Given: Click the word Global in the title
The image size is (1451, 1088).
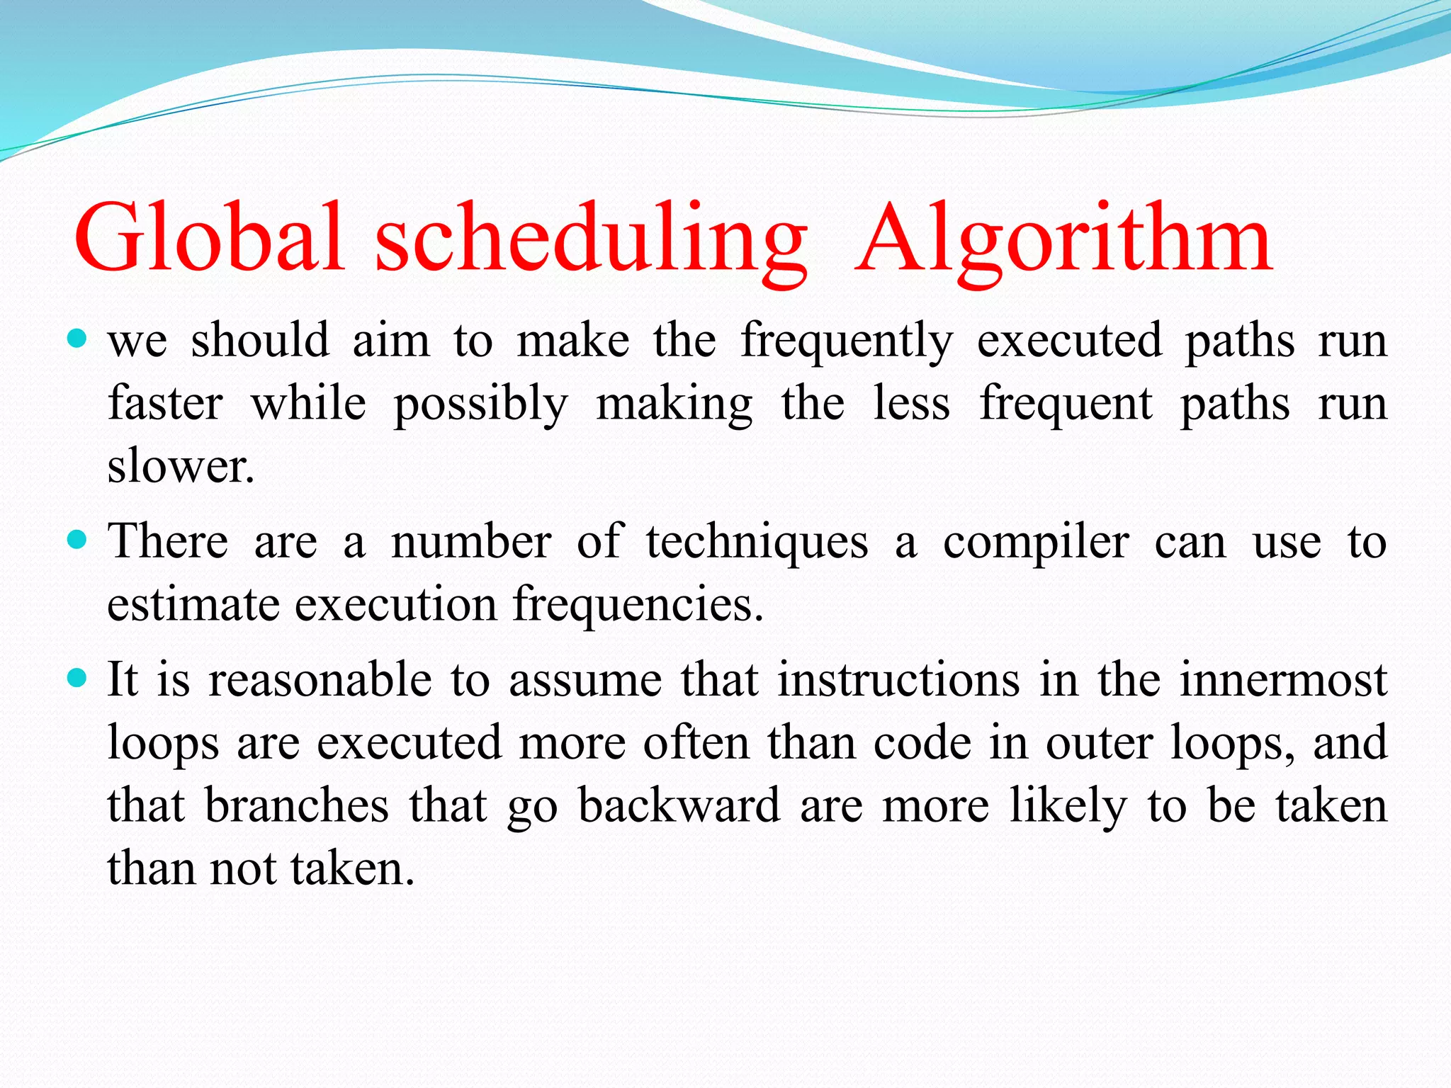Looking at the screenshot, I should click(x=209, y=237).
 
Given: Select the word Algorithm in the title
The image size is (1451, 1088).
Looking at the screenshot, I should click(x=1063, y=237).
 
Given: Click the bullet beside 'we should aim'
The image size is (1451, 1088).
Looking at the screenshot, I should click(x=77, y=339).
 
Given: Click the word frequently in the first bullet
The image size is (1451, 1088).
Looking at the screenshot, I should click(x=847, y=341).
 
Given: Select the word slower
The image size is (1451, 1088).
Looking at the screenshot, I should click(x=180, y=467).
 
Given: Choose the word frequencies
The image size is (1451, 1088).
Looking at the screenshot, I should click(x=638, y=605).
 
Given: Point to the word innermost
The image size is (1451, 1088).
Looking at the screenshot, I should click(x=1282, y=680).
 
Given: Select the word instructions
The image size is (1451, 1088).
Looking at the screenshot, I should click(x=898, y=680).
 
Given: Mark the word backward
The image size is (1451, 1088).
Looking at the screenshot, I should click(x=679, y=806).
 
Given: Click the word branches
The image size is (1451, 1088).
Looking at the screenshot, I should click(x=297, y=806).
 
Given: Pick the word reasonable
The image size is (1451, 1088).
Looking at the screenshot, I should click(x=320, y=680).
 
